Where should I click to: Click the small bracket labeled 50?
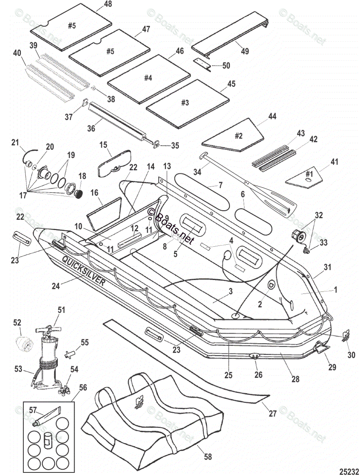pyautogui.click(x=203, y=63)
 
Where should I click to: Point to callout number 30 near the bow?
pyautogui.click(x=351, y=355)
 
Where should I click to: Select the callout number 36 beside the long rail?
pyautogui.click(x=91, y=129)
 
